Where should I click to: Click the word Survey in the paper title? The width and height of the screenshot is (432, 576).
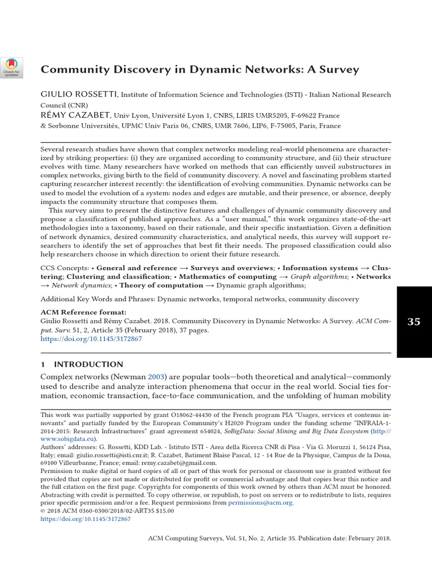pyautogui.click(x=338, y=70)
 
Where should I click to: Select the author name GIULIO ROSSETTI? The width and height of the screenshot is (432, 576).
pyautogui.click(x=79, y=94)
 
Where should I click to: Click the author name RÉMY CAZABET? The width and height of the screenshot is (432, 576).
pyautogui.click(x=75, y=115)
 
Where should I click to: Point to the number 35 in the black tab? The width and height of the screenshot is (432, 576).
pyautogui.click(x=414, y=322)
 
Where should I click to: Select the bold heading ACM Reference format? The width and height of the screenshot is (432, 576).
pyautogui.click(x=83, y=313)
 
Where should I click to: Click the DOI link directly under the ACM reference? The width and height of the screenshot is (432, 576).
pyautogui.click(x=91, y=340)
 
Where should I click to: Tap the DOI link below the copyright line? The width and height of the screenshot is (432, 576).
pyautogui.click(x=85, y=519)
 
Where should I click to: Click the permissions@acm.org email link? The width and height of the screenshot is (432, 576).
pyautogui.click(x=260, y=503)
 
